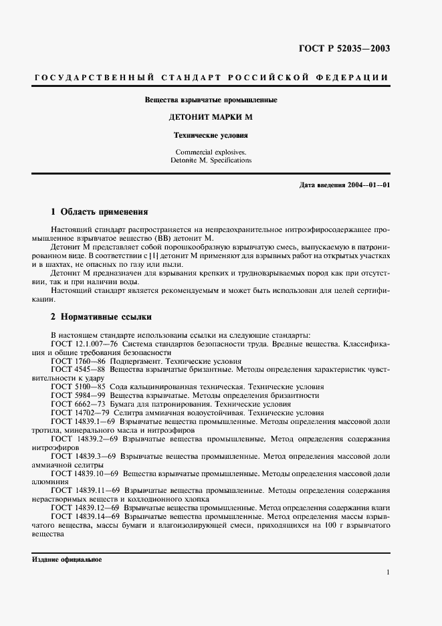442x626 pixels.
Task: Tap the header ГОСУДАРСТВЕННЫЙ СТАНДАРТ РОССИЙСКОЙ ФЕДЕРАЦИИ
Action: tap(211, 78)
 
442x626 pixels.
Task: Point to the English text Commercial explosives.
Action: tap(211, 152)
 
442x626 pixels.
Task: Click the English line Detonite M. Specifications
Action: tap(211, 161)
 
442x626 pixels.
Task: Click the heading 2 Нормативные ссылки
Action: tap(102, 316)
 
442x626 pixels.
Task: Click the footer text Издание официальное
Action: tap(67, 559)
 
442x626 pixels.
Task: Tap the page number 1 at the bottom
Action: tap(387, 572)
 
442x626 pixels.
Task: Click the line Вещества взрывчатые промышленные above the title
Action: tap(211, 100)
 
